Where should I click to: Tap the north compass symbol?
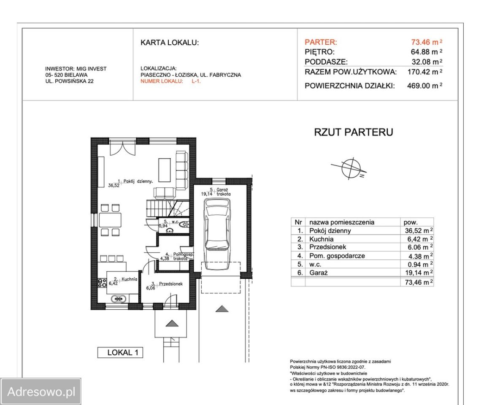(x=351, y=168)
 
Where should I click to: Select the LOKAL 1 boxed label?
(x=120, y=353)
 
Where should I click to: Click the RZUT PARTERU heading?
(x=354, y=132)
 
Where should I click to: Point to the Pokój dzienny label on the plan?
(x=138, y=181)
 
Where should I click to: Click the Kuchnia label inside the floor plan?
(x=129, y=279)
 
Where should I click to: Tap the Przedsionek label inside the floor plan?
(x=170, y=284)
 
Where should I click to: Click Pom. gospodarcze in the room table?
(x=337, y=256)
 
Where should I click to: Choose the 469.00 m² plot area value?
(x=424, y=86)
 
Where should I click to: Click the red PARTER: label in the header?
(x=321, y=42)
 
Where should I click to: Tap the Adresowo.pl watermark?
(x=41, y=391)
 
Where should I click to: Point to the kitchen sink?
(x=119, y=298)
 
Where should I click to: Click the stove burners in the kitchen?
(x=102, y=283)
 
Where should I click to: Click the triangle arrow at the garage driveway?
(x=222, y=309)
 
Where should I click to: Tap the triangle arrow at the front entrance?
(x=172, y=324)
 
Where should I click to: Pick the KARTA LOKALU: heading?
(x=170, y=43)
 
